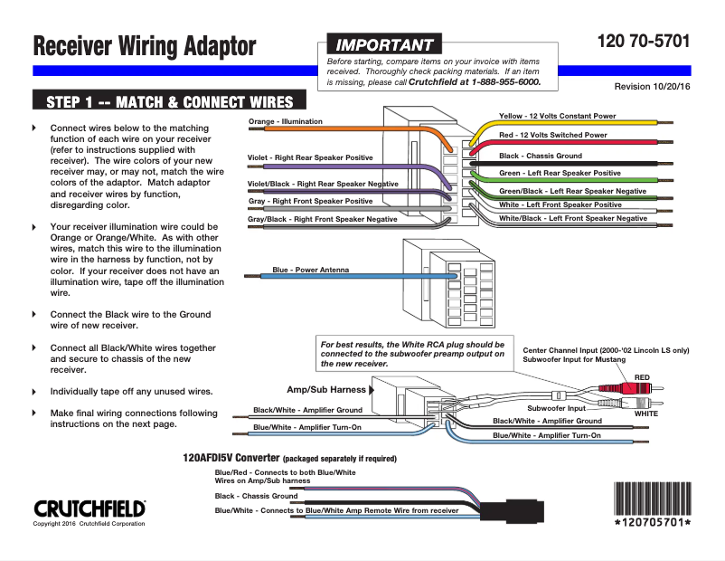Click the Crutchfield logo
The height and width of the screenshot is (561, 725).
(x=89, y=509)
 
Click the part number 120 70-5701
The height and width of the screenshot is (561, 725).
(x=644, y=42)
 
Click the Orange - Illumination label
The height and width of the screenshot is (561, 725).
(x=286, y=121)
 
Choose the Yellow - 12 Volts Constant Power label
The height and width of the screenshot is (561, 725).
(x=557, y=116)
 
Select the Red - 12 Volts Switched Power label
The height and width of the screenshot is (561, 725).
(x=552, y=135)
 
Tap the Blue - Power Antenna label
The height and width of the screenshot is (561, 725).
(x=310, y=270)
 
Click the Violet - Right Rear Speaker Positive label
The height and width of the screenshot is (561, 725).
(x=309, y=157)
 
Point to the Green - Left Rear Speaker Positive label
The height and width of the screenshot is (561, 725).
(x=560, y=173)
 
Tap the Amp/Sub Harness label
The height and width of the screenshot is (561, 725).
(x=326, y=390)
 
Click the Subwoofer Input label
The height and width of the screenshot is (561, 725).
(x=557, y=408)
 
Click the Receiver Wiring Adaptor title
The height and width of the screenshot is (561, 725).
(x=145, y=46)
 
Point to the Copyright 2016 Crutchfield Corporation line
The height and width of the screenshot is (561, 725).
(x=89, y=524)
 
